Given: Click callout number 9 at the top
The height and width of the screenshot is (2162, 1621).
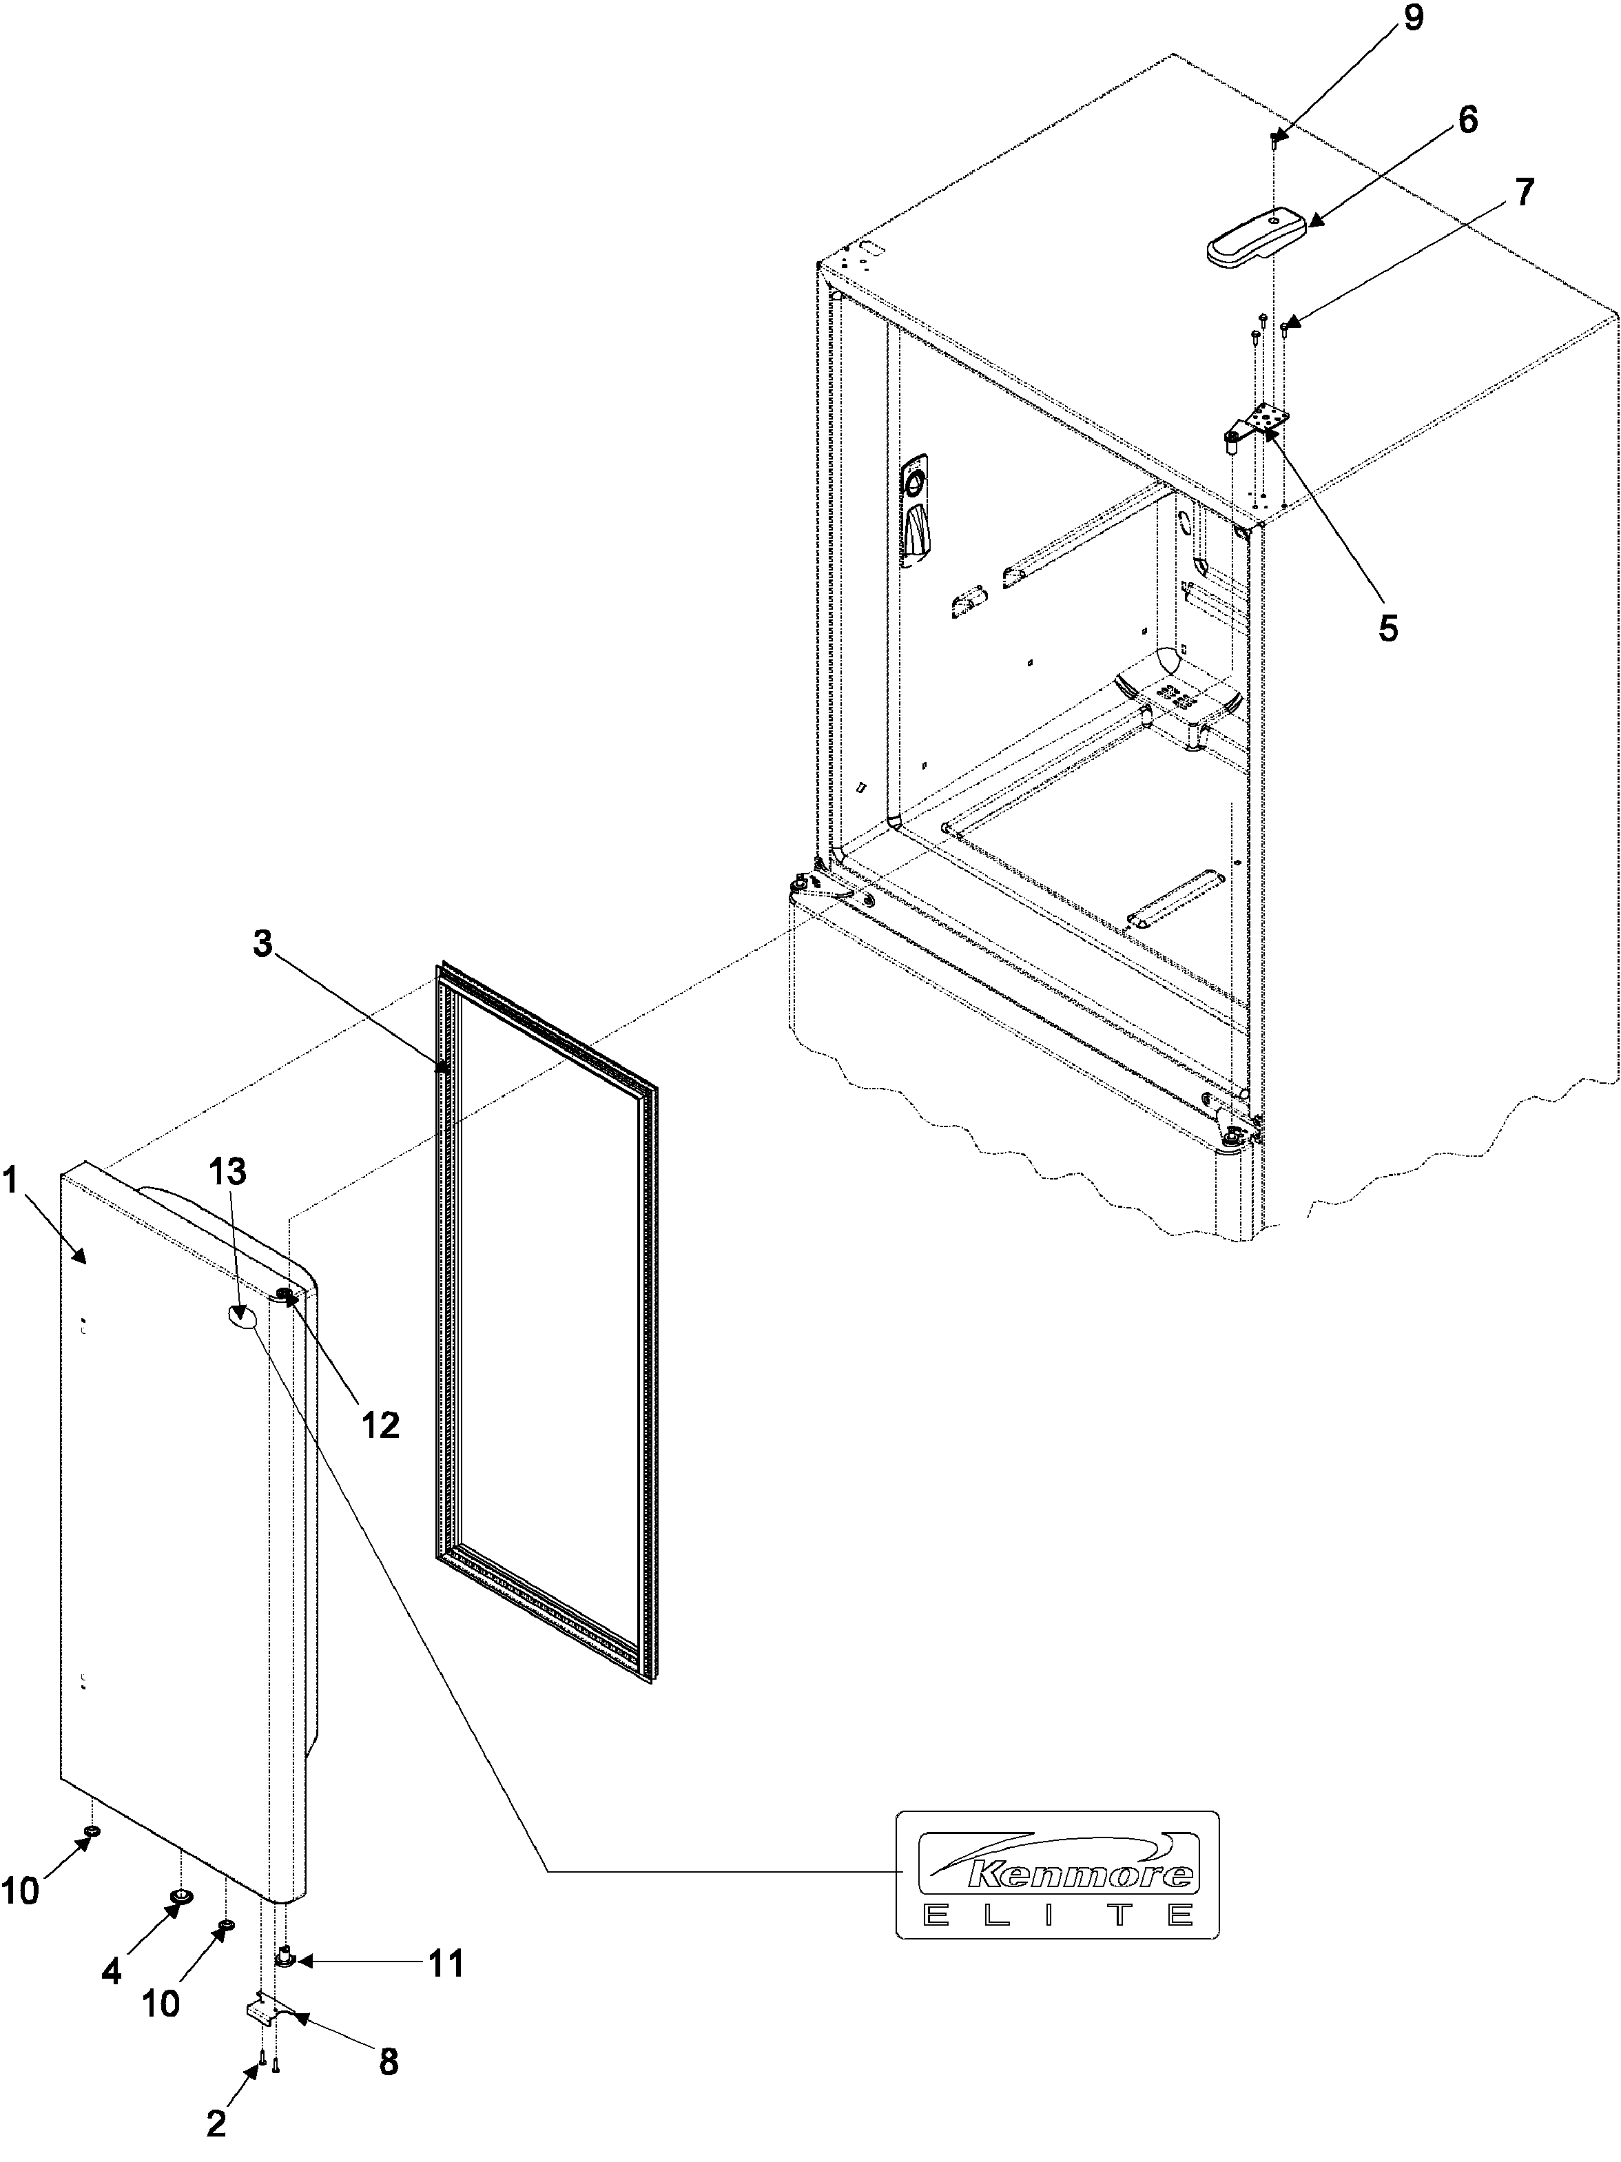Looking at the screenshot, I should (x=1413, y=19).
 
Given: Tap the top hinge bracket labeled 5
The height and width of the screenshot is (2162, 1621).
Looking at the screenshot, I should (x=1261, y=422).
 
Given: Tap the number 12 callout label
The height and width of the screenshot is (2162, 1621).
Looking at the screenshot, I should (x=380, y=1425).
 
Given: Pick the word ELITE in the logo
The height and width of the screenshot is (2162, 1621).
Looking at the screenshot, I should (x=1058, y=1914).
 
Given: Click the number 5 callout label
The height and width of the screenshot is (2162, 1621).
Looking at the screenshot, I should (x=1387, y=626).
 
